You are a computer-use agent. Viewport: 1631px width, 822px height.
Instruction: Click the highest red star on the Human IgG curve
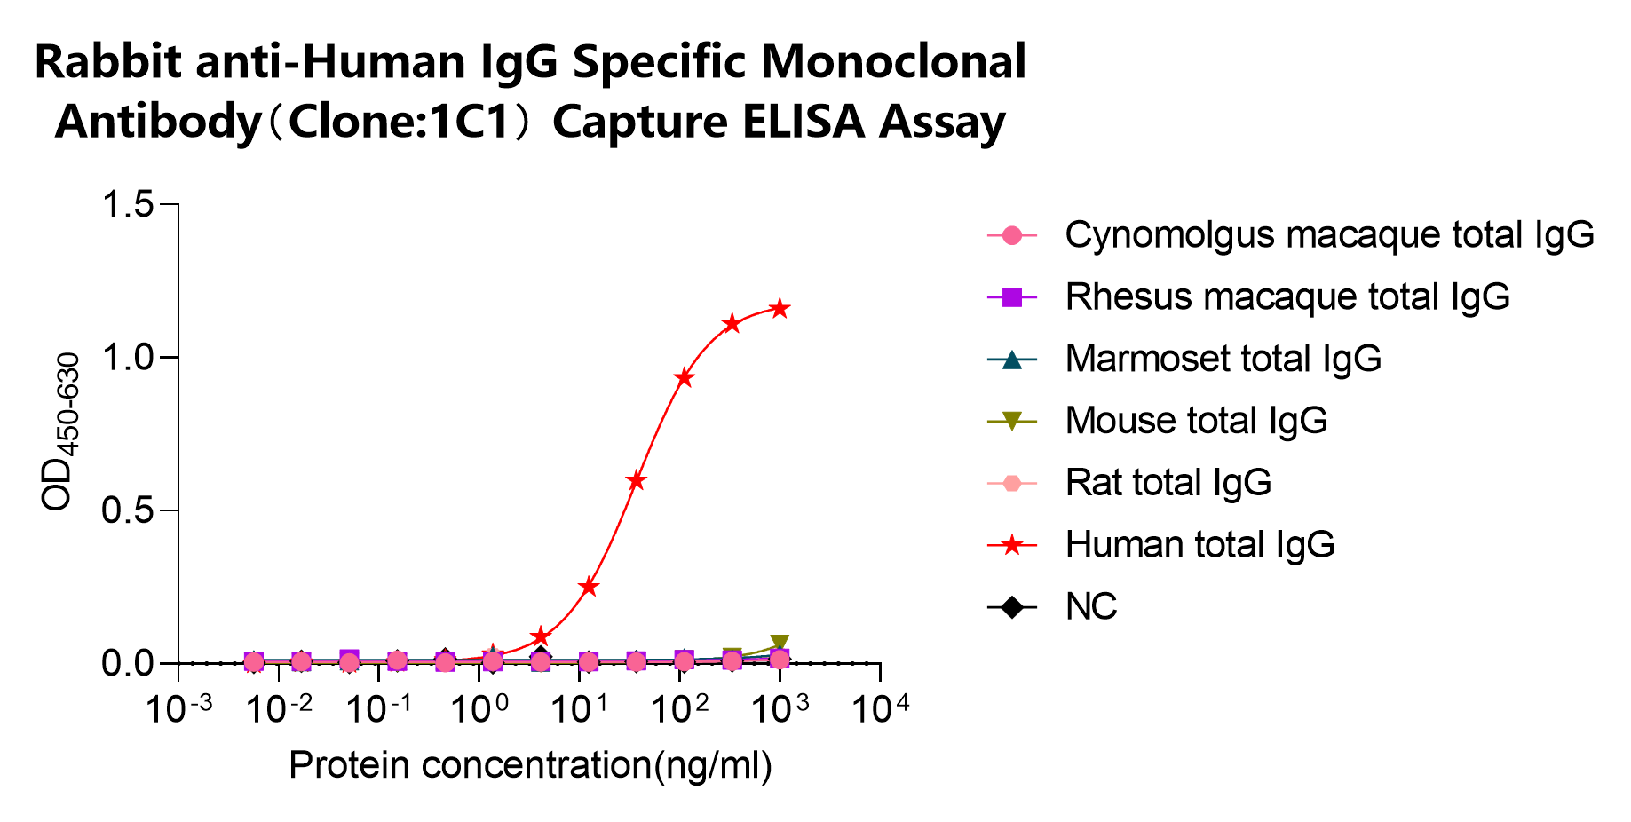[780, 309]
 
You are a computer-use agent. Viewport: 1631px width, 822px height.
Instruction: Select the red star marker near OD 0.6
[636, 481]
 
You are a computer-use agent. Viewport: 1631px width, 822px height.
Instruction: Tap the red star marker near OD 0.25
[588, 587]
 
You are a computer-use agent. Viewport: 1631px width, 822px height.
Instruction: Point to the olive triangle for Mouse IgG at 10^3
[780, 644]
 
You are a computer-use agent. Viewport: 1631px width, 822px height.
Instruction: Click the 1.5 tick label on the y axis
[129, 205]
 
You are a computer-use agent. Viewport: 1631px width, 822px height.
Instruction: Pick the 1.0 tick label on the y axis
[129, 358]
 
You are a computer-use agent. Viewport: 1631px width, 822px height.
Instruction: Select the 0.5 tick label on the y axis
[129, 510]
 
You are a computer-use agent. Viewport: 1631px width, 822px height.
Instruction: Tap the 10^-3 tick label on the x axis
[178, 710]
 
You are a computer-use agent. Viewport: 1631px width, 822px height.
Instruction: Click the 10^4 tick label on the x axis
[880, 710]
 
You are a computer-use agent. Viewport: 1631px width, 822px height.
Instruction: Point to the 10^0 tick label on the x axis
[479, 710]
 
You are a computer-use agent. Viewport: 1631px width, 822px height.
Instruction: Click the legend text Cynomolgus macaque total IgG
[1329, 235]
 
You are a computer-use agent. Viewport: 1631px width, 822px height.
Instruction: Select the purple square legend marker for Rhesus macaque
[1011, 297]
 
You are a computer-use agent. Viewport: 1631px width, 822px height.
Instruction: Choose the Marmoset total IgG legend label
[1223, 359]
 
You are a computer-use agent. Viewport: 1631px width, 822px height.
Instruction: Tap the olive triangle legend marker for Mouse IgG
[1011, 422]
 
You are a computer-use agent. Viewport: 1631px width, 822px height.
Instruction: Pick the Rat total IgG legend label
[1168, 483]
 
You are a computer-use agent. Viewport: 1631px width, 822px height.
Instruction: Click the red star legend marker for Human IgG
[1011, 545]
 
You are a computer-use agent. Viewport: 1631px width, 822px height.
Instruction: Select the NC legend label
[1090, 607]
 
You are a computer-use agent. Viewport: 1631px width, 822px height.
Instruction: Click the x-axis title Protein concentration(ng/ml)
[530, 765]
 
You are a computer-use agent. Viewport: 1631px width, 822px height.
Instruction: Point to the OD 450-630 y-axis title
[60, 432]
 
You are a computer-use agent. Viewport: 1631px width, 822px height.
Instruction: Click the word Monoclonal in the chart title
[893, 62]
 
